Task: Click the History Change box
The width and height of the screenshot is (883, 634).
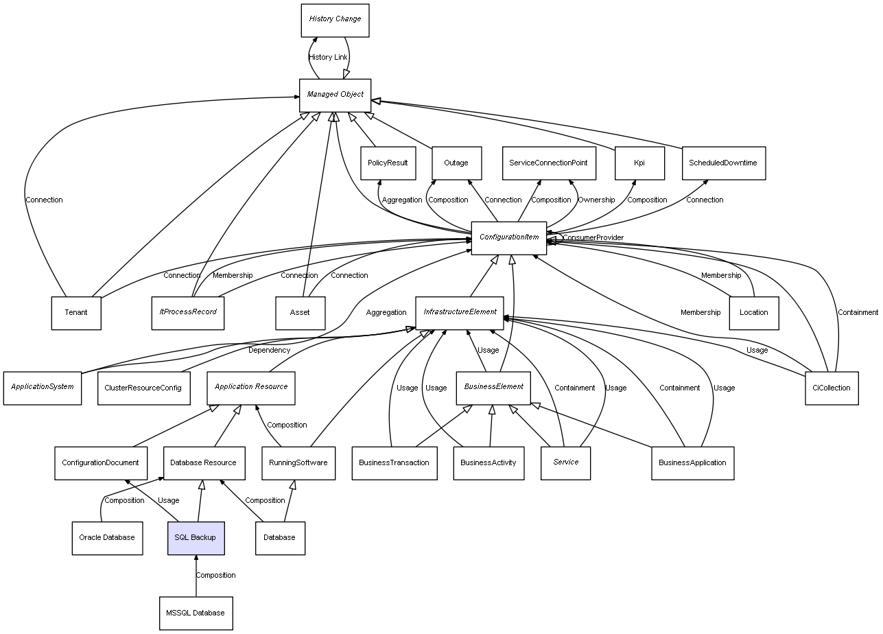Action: click(x=335, y=20)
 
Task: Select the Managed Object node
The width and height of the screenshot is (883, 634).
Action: click(x=335, y=95)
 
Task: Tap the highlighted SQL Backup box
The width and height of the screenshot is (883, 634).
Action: click(x=196, y=538)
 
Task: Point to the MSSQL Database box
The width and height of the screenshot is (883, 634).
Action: click(x=196, y=613)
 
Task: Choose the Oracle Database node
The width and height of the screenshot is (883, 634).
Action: click(x=107, y=538)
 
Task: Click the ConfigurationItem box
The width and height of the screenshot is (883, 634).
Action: click(x=508, y=238)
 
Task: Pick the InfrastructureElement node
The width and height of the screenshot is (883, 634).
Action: click(x=460, y=313)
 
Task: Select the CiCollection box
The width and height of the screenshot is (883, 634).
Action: click(x=831, y=388)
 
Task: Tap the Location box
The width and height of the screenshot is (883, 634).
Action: click(x=753, y=313)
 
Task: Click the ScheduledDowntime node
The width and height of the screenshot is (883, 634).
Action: click(x=723, y=163)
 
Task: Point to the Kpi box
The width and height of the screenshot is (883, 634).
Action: click(x=639, y=163)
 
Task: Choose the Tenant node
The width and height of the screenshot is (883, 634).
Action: click(x=76, y=313)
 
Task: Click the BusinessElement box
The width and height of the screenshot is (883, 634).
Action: click(x=493, y=388)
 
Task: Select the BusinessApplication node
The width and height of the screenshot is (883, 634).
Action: click(x=692, y=463)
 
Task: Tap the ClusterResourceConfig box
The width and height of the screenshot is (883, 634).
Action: click(x=143, y=388)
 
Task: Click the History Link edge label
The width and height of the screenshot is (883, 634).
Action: click(x=328, y=57)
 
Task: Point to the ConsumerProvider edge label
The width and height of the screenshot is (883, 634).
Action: click(x=593, y=238)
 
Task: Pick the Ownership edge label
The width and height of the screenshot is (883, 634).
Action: click(x=596, y=200)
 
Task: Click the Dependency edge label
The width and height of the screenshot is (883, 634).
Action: click(x=269, y=351)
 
